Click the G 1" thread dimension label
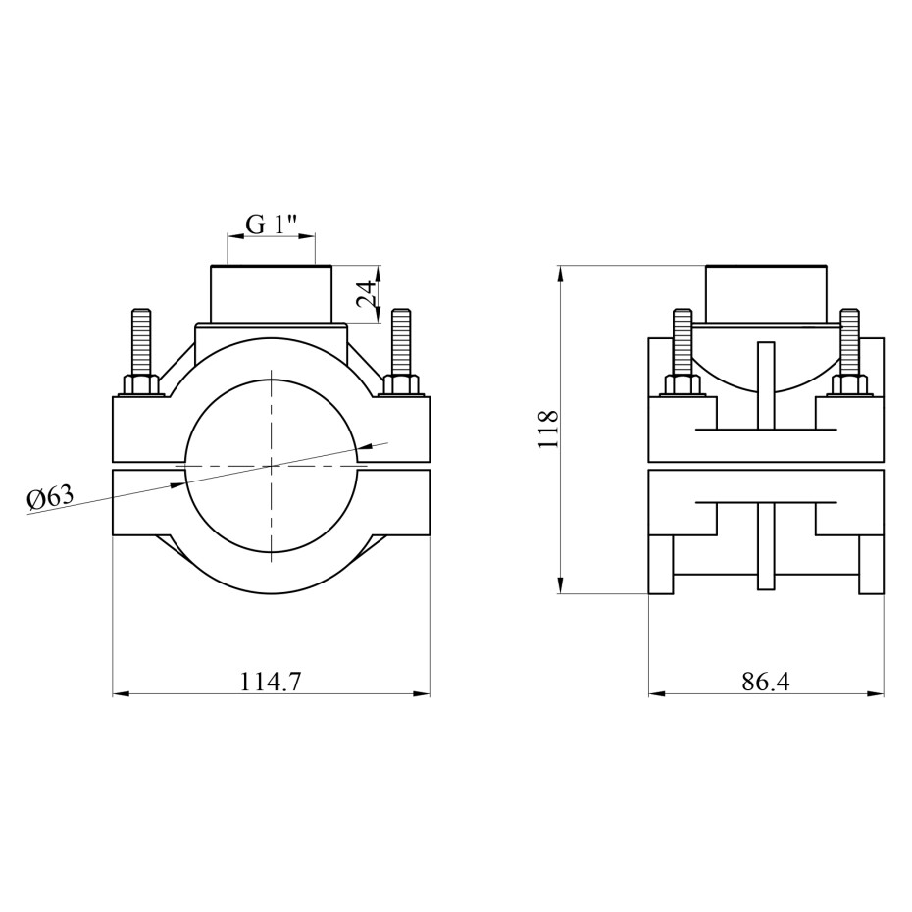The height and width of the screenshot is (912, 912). (272, 224)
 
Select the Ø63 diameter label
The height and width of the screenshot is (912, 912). (51, 499)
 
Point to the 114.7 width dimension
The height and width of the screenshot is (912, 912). (271, 682)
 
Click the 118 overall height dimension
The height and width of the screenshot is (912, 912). (548, 430)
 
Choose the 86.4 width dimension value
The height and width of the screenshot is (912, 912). (766, 682)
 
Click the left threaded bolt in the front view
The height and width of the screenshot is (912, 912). (141, 342)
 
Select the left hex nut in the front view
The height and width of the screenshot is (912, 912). (142, 385)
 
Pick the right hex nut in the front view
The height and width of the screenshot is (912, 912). (401, 385)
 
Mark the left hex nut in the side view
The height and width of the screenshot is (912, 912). (683, 385)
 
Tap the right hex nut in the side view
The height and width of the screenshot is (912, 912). (849, 385)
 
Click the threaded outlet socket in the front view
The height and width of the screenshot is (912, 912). (271, 294)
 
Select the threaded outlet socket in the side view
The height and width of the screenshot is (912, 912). (766, 294)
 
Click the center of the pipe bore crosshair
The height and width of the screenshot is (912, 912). (271, 466)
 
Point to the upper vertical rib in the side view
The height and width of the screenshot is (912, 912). (766, 386)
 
